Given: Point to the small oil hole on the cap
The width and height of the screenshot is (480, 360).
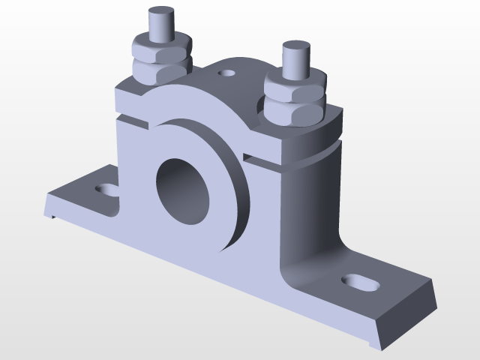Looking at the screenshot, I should click(226, 73).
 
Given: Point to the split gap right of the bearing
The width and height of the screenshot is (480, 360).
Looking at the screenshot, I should click(262, 160).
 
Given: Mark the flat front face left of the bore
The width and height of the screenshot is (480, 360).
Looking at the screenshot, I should click(135, 180).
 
